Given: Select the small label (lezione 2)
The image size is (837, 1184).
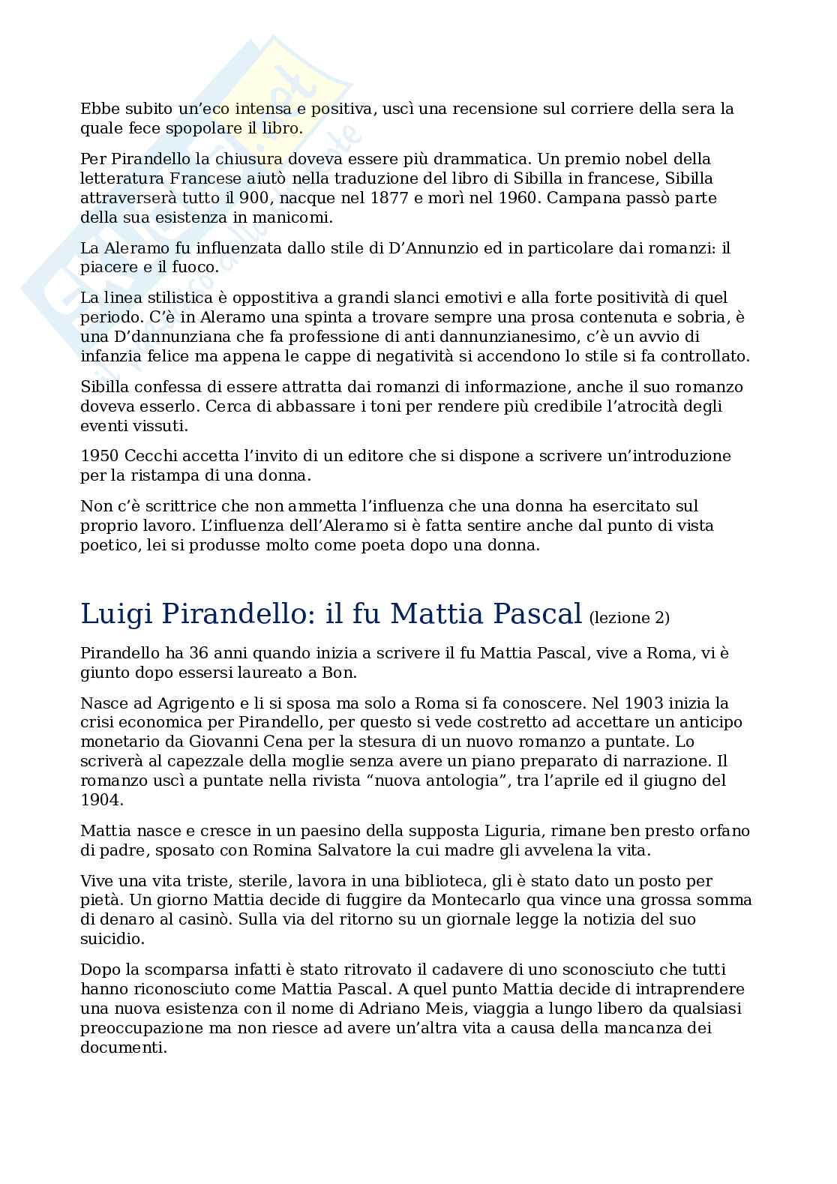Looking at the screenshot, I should [629, 617].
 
